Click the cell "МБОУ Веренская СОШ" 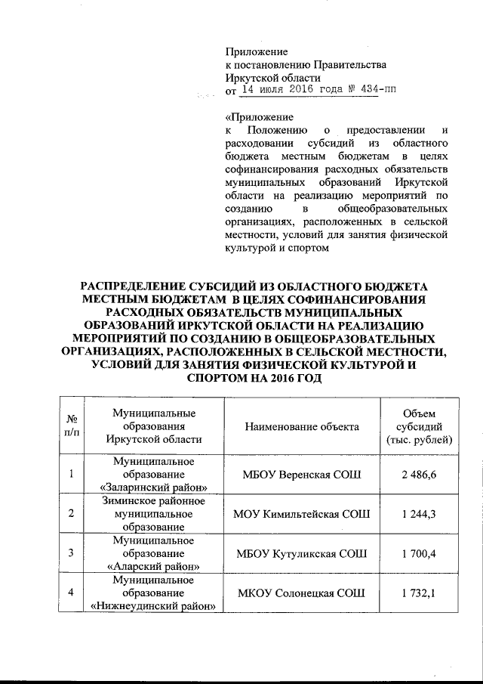pyautogui.click(x=302, y=474)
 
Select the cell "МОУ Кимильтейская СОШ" pyautogui.click(x=302, y=514)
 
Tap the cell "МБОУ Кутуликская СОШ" pyautogui.click(x=302, y=553)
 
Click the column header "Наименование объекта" pyautogui.click(x=302, y=427)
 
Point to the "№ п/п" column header pyautogui.click(x=72, y=427)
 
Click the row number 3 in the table pyautogui.click(x=71, y=553)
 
